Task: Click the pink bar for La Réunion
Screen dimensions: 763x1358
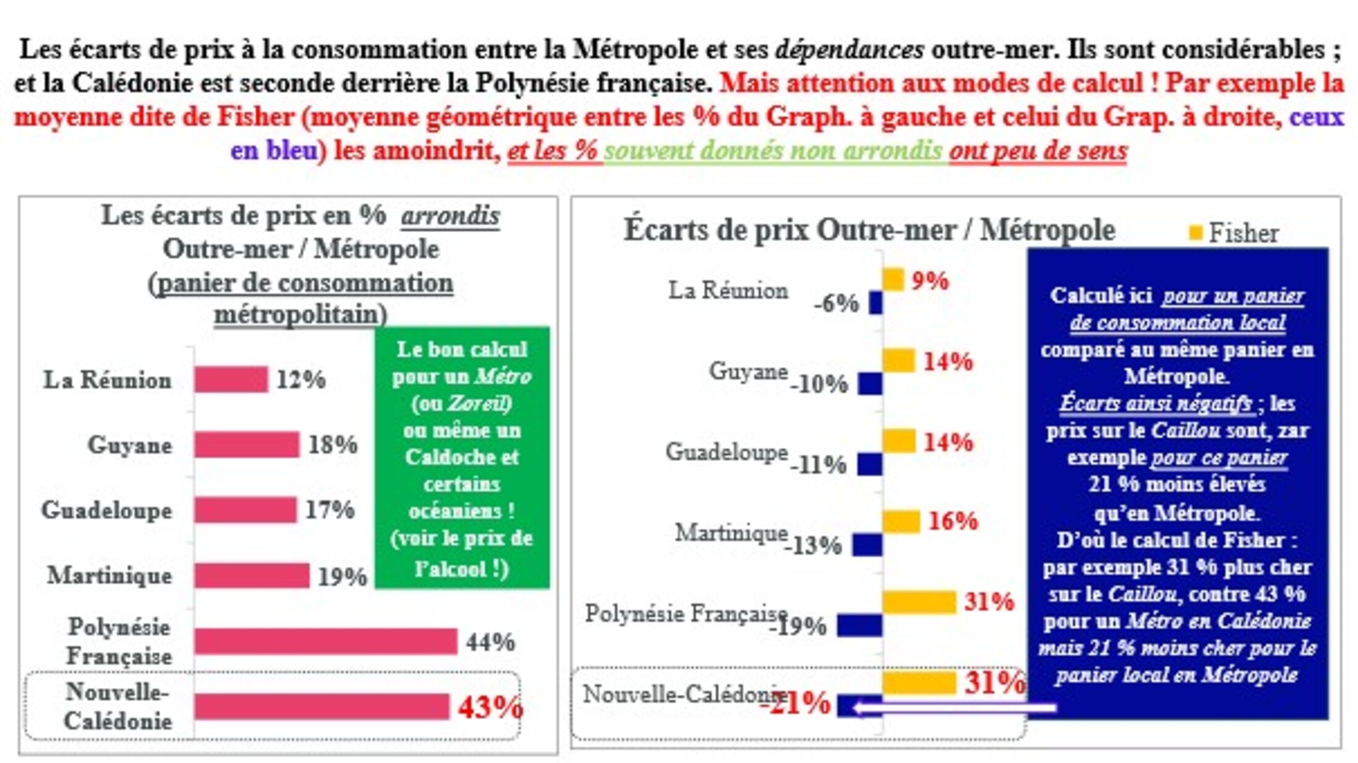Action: (231, 379)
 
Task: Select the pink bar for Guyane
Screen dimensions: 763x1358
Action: (246, 444)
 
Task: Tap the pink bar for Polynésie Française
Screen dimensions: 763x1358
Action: (325, 641)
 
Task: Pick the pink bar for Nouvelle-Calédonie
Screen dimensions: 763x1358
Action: (321, 707)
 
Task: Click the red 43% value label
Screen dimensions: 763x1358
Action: (490, 707)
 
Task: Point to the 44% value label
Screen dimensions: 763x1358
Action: (490, 642)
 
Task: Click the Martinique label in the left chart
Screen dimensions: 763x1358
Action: (110, 575)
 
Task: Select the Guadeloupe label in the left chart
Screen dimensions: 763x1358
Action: (107, 511)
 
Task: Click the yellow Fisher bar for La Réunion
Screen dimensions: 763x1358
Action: (893, 280)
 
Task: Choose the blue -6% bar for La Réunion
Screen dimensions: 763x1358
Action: (875, 303)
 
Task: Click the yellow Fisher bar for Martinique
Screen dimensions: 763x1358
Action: (901, 522)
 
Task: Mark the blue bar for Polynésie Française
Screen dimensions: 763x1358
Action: (859, 625)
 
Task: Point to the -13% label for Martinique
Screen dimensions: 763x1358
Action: (813, 546)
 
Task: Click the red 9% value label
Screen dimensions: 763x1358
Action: (930, 281)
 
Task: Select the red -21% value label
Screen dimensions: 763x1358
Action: (796, 703)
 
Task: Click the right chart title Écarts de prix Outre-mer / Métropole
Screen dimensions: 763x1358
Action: (869, 230)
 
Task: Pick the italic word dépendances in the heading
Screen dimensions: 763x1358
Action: (849, 49)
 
